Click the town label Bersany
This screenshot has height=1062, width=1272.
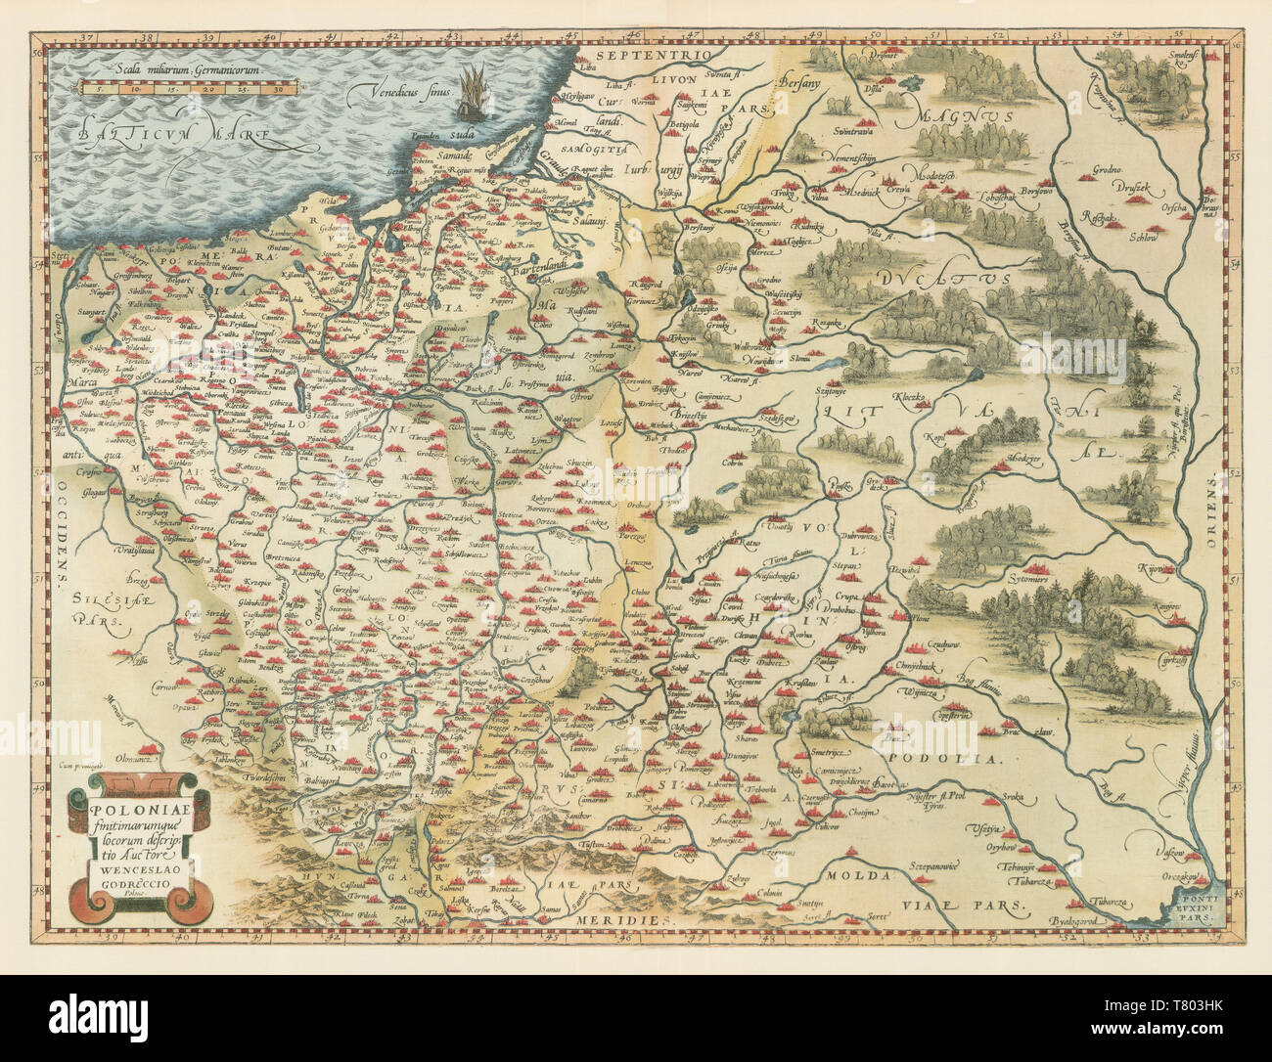[794, 85]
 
